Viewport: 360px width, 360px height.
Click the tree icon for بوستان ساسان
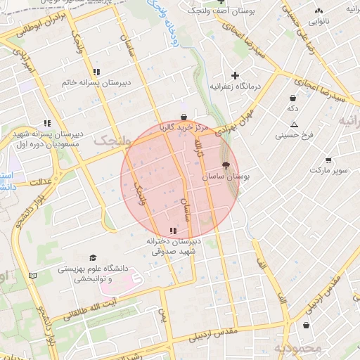[225, 165]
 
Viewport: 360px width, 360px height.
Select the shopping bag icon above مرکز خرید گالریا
[184, 117]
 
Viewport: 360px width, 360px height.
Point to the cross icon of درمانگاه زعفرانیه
[235, 75]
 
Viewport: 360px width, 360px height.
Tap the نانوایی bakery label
[319, 22]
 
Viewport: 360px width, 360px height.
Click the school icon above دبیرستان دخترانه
[173, 231]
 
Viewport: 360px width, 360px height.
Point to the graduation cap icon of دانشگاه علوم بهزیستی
[92, 258]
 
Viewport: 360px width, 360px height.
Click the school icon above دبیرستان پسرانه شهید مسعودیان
[46, 123]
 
